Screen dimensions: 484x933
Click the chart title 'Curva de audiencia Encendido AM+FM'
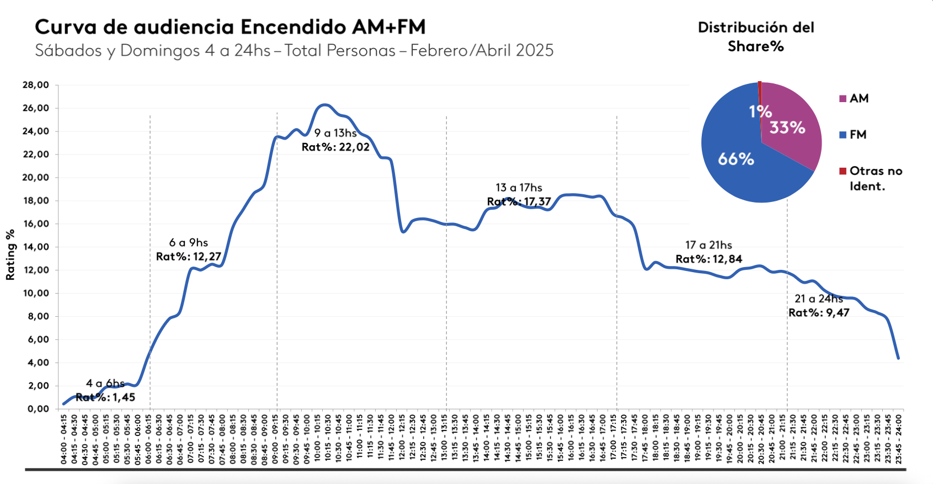click(x=230, y=27)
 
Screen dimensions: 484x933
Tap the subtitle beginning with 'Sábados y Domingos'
click(x=294, y=51)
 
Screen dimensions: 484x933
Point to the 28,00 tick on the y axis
click(x=36, y=85)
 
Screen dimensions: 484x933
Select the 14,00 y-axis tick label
click(x=36, y=247)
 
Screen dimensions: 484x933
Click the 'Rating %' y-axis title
click(x=10, y=255)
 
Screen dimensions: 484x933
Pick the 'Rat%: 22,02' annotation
click(x=335, y=147)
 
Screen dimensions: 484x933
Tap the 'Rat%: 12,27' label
click(x=189, y=257)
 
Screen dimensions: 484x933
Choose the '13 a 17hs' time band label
click(x=519, y=188)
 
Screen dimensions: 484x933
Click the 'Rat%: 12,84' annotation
click(x=709, y=259)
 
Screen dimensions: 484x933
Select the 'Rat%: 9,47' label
click(x=819, y=313)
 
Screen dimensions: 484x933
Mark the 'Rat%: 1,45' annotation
click(x=105, y=397)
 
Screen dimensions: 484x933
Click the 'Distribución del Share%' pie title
click(x=756, y=36)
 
